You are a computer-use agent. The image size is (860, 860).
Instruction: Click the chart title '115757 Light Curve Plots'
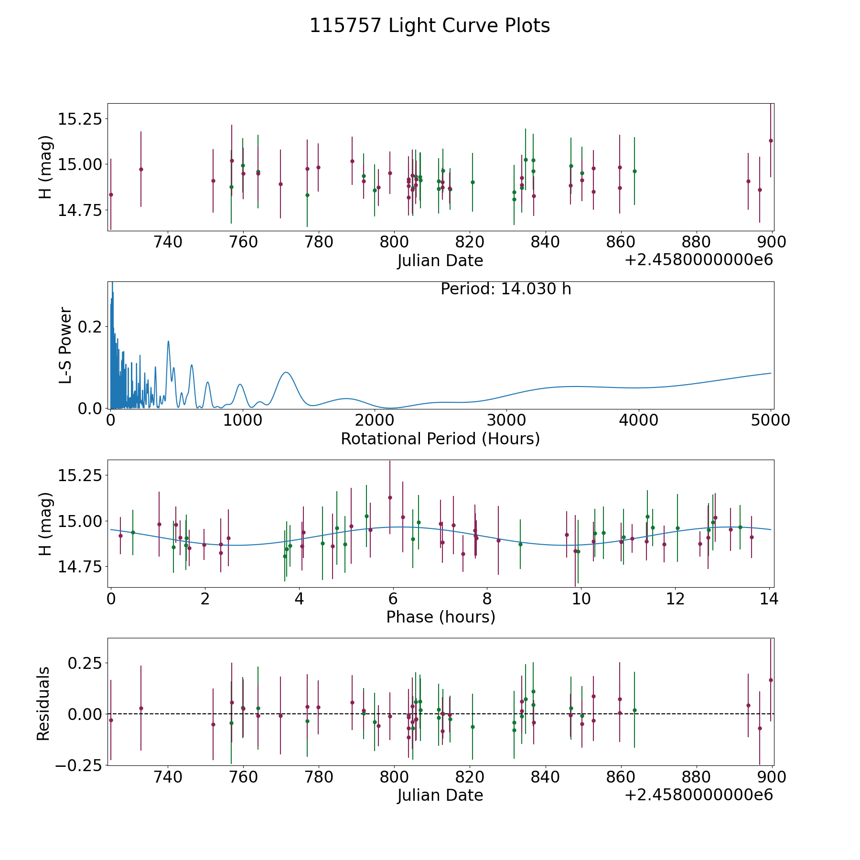[x=430, y=26]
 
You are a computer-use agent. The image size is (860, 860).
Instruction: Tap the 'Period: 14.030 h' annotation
[x=505, y=289]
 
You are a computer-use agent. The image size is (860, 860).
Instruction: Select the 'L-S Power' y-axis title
[x=65, y=345]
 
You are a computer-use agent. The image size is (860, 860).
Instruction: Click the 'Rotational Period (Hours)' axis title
[x=440, y=439]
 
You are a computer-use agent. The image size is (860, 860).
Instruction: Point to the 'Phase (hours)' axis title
[x=441, y=617]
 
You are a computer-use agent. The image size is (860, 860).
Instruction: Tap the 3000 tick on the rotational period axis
[x=506, y=420]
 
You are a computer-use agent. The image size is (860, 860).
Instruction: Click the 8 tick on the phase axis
[x=487, y=599]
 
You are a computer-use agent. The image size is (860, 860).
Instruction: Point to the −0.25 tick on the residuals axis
[x=77, y=765]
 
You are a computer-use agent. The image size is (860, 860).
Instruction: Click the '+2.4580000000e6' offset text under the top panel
[x=699, y=260]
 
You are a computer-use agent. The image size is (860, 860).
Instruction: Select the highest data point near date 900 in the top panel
[x=771, y=140]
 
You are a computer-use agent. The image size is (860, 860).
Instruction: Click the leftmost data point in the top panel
[x=111, y=194]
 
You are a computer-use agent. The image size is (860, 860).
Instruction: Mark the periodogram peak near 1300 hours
[x=286, y=372]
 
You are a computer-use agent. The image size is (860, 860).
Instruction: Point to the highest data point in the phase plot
[x=390, y=497]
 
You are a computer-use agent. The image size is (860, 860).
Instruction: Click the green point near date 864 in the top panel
[x=634, y=171]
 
